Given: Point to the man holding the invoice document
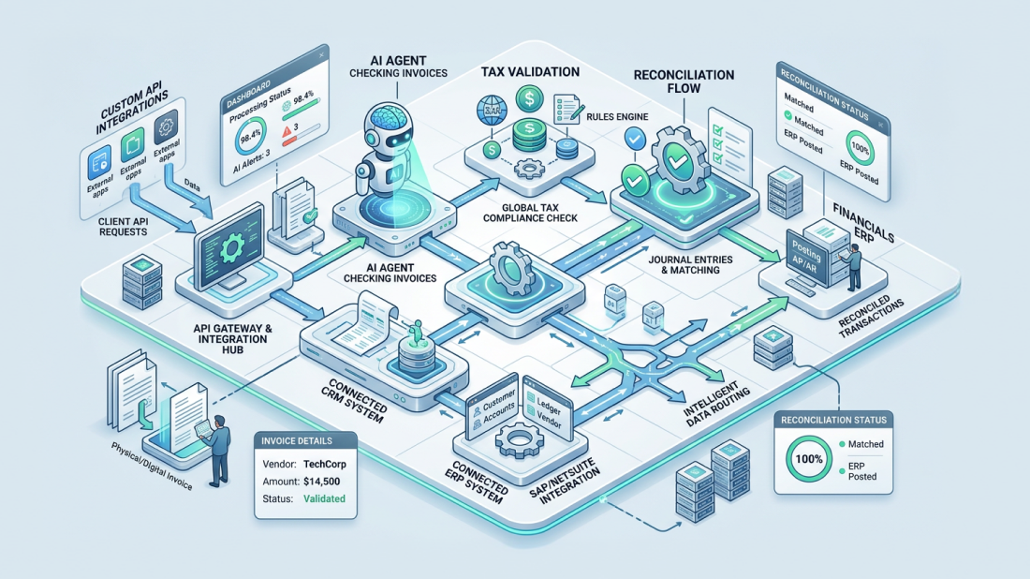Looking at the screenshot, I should click(220, 448).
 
